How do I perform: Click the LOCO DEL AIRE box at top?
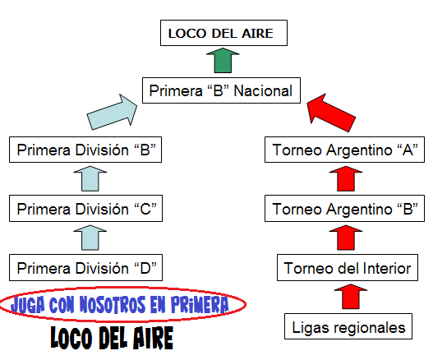coord(223,33)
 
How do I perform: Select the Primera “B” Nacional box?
coord(221,90)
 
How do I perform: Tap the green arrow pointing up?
coord(223,60)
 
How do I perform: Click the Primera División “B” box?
coord(85,150)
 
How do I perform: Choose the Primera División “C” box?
coord(85,209)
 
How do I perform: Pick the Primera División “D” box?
coord(85,268)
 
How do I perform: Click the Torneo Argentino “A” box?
coord(344,150)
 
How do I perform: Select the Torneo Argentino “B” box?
coord(344,209)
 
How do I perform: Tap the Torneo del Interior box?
coord(348,268)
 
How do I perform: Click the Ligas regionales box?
coord(348,326)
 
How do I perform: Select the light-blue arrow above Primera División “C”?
coord(90,178)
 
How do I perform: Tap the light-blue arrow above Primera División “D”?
coord(90,238)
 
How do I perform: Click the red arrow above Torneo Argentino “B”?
coord(346,178)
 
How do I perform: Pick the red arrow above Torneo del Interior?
coord(346,238)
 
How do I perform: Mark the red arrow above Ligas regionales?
coord(351,297)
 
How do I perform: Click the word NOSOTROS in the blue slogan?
coord(113,304)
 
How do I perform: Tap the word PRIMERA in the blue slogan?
coord(200,304)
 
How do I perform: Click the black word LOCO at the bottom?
coord(71,338)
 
